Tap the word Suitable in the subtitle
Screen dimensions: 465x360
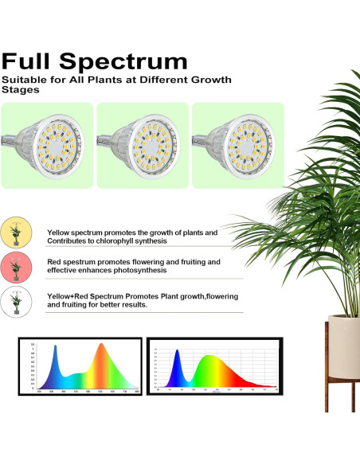pos(23,80)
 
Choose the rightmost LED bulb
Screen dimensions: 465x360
pos(238,145)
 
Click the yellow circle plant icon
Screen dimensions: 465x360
pos(15,232)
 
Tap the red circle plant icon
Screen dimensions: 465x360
pos(15,266)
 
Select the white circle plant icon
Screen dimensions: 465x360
pos(15,300)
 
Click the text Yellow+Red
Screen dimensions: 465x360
pos(67,295)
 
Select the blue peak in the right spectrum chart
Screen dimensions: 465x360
pos(178,357)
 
